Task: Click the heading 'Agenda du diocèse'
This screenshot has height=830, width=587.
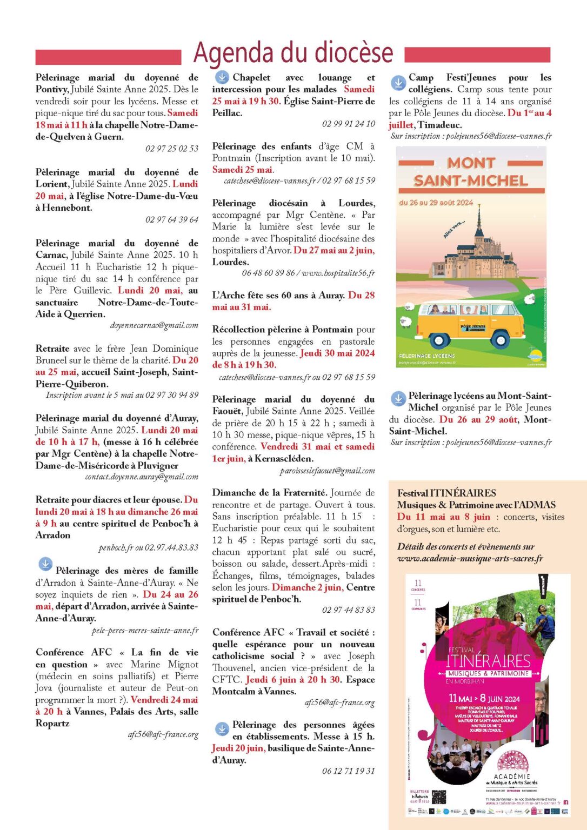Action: [293, 53]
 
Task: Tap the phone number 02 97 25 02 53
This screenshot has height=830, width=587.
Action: [171, 149]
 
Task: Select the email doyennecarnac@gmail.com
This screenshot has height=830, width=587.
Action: [154, 325]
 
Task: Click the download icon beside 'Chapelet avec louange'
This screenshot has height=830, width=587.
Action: [222, 77]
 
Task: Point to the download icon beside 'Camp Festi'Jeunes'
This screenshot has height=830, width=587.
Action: [398, 83]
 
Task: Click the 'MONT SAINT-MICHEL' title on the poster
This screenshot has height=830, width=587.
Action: [471, 171]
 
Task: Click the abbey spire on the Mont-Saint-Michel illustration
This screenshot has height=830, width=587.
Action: [479, 213]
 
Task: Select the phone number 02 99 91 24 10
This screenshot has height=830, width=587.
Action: [348, 124]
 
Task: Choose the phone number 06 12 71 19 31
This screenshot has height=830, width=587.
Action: [348, 771]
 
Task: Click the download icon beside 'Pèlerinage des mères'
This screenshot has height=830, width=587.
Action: [45, 564]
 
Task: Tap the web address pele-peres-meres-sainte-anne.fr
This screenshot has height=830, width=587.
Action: [145, 630]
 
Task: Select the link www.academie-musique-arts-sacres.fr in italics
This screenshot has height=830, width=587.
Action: [470, 558]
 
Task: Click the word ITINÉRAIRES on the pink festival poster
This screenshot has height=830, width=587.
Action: [489, 661]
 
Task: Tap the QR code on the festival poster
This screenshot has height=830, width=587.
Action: [439, 797]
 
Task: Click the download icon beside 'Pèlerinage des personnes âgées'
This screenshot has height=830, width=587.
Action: [222, 729]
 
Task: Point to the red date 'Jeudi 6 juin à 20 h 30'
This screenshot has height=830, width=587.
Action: [293, 679]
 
